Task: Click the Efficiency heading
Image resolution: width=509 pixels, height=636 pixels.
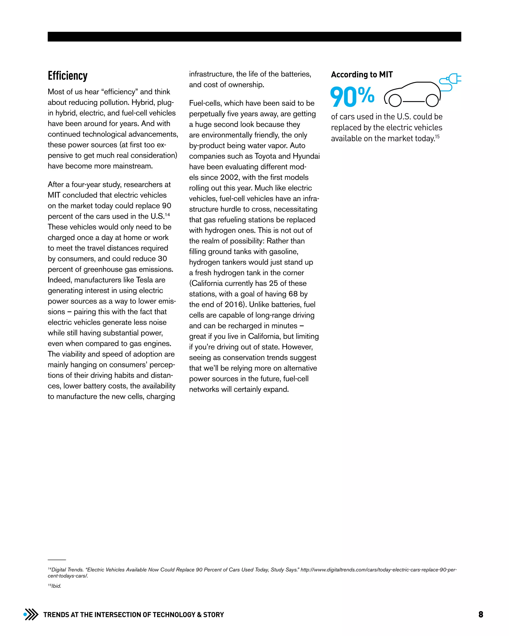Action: click(x=68, y=76)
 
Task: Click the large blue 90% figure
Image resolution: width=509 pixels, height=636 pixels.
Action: click(x=352, y=97)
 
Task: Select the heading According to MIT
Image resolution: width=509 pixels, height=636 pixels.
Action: click(x=362, y=75)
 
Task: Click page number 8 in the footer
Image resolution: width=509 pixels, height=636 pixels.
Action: click(x=481, y=614)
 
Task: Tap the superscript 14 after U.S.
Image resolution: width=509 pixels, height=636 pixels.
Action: click(x=167, y=214)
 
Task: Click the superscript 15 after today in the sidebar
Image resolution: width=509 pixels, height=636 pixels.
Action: click(x=437, y=136)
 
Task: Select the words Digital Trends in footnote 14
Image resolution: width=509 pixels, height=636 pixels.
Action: click(x=67, y=570)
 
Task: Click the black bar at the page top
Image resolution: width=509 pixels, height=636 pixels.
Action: click(x=254, y=37)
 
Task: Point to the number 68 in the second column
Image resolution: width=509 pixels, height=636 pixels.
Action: click(x=293, y=294)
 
